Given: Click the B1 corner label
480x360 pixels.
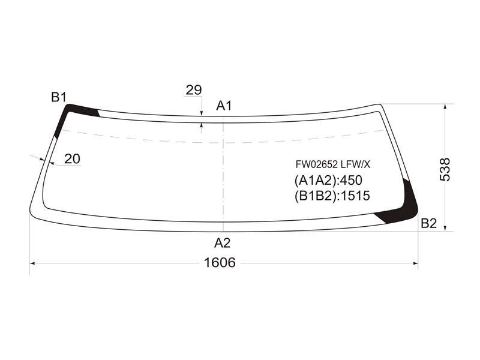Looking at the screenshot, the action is click(x=59, y=97).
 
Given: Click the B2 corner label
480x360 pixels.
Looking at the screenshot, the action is click(x=428, y=223).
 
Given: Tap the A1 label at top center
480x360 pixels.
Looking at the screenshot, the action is click(x=224, y=106).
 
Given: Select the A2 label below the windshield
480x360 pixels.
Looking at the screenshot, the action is click(x=222, y=243).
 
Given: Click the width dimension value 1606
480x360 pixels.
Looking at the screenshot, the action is click(x=220, y=263).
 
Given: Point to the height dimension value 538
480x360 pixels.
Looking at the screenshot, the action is click(x=445, y=170).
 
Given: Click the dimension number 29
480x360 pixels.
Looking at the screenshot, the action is click(x=194, y=90).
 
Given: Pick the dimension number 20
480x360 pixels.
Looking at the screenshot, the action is click(x=72, y=159).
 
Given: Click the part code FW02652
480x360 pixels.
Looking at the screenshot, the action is click(x=317, y=164).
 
